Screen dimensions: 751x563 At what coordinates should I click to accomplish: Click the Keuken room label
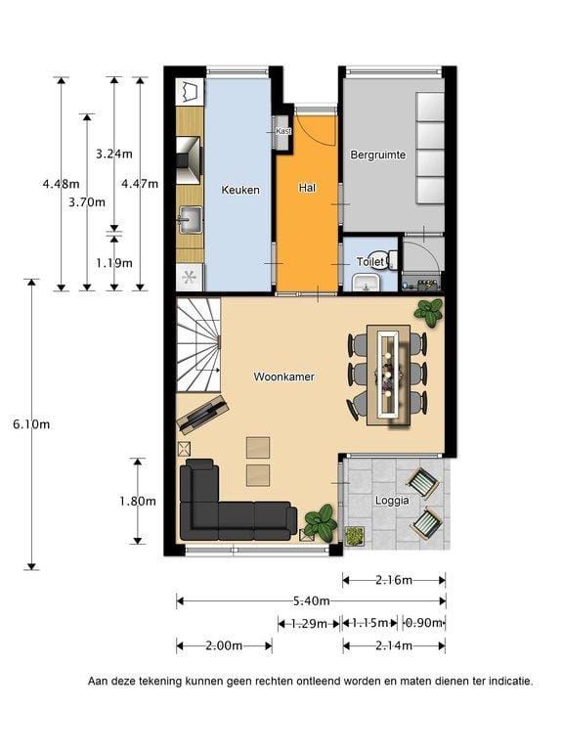pyautogui.click(x=240, y=190)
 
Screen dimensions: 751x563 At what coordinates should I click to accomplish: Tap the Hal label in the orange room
pyautogui.click(x=307, y=188)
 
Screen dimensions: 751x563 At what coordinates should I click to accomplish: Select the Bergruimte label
pyautogui.click(x=377, y=155)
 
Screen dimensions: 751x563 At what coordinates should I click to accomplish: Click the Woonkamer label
pyautogui.click(x=283, y=375)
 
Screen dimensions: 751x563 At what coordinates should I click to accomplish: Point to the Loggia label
pyautogui.click(x=393, y=501)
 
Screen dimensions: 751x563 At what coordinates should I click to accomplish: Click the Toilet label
pyautogui.click(x=370, y=262)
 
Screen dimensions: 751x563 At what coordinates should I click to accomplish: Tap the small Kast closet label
pyautogui.click(x=283, y=131)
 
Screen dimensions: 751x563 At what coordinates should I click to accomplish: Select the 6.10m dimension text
pyautogui.click(x=31, y=424)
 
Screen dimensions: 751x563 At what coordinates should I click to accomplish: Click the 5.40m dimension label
pyautogui.click(x=311, y=600)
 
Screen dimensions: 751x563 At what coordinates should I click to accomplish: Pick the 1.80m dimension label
pyautogui.click(x=138, y=501)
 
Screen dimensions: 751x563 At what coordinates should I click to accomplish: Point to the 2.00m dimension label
pyautogui.click(x=224, y=645)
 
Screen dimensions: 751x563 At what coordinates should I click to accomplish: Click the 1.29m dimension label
pyautogui.click(x=309, y=623)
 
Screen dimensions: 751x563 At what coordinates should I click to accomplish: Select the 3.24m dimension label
pyautogui.click(x=113, y=154)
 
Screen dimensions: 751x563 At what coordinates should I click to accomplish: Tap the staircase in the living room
pyautogui.click(x=200, y=342)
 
